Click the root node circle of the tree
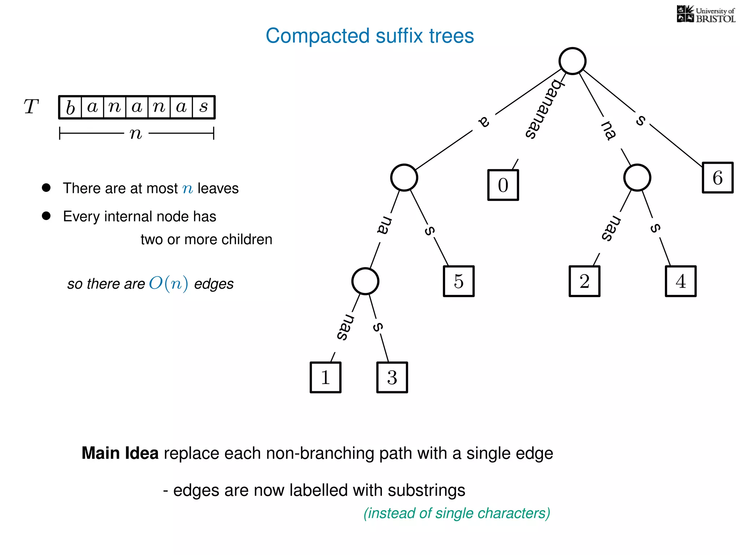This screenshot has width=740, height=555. [572, 61]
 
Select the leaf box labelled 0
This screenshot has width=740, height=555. [503, 185]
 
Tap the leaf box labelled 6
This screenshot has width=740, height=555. [718, 178]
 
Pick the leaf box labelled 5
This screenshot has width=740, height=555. [459, 281]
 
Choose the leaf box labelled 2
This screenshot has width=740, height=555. [584, 281]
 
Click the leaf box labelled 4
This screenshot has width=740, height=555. [681, 281]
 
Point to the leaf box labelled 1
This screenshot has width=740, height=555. [326, 377]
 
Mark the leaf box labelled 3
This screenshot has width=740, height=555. [392, 377]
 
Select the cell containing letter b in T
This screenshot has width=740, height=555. [70, 107]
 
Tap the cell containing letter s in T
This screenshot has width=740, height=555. [204, 107]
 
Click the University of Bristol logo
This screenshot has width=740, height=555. [706, 14]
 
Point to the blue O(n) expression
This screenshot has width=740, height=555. [168, 283]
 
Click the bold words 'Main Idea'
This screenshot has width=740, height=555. [120, 453]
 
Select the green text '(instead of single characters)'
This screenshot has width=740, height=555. [457, 513]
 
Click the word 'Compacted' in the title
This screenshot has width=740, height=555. [318, 36]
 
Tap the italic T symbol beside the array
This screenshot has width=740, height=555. [31, 107]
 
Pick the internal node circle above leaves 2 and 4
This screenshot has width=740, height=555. [637, 177]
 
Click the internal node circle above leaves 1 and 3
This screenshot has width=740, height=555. [365, 281]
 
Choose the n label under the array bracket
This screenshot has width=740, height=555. [136, 134]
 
